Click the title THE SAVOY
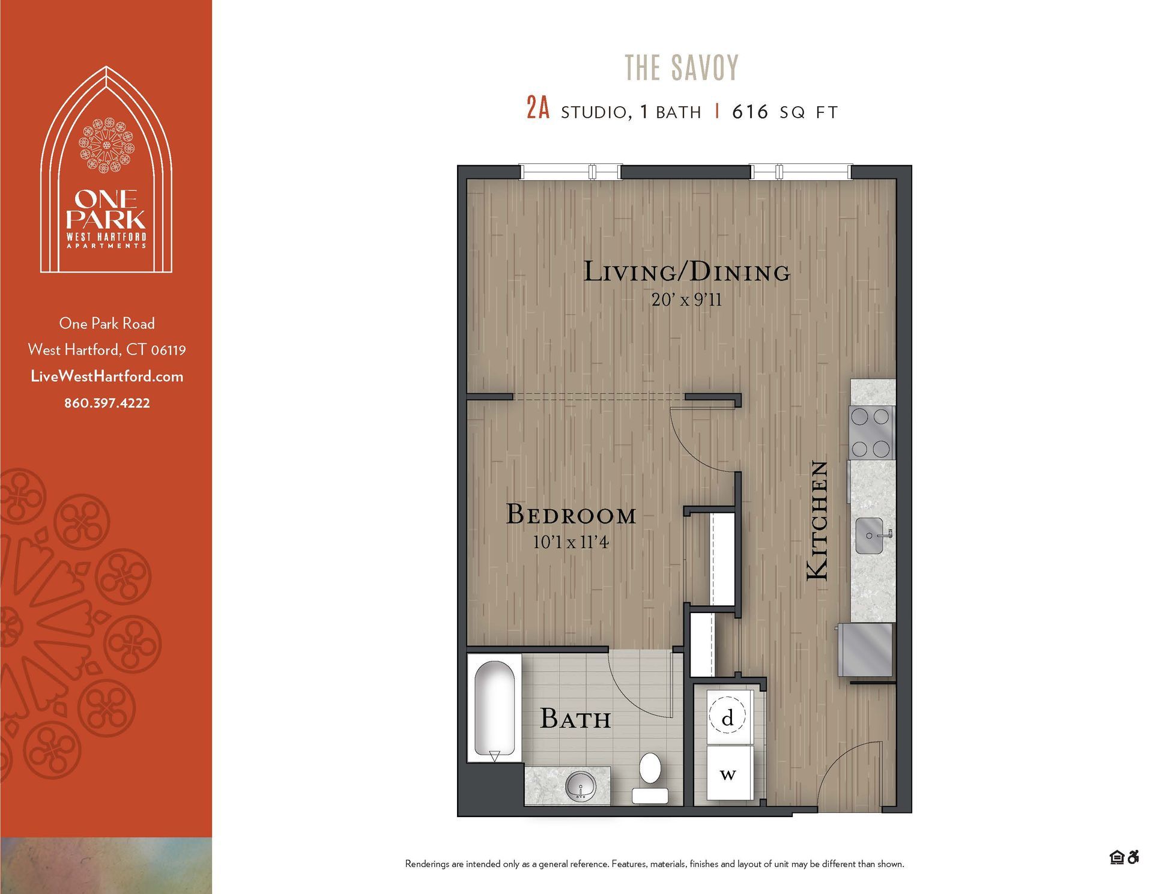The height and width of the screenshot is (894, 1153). [682, 67]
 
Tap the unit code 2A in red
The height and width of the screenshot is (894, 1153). [537, 109]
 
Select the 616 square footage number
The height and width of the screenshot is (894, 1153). [749, 112]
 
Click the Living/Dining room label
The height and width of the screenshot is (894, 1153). [686, 272]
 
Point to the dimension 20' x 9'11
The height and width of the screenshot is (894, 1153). [686, 300]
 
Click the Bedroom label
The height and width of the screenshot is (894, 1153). [570, 515]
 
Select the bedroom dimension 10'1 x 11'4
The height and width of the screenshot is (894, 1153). [570, 543]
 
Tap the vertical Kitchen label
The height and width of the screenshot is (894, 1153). [817, 520]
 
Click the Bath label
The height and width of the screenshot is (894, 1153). [575, 719]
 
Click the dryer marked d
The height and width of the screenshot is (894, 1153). [728, 717]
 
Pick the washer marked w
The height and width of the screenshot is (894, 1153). [728, 773]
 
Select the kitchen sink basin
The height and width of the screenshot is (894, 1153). [868, 536]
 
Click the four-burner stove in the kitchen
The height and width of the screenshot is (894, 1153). [871, 432]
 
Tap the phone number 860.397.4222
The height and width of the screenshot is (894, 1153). [107, 403]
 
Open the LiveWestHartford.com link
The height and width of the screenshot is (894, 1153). [107, 376]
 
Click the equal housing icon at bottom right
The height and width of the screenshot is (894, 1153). [1116, 857]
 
